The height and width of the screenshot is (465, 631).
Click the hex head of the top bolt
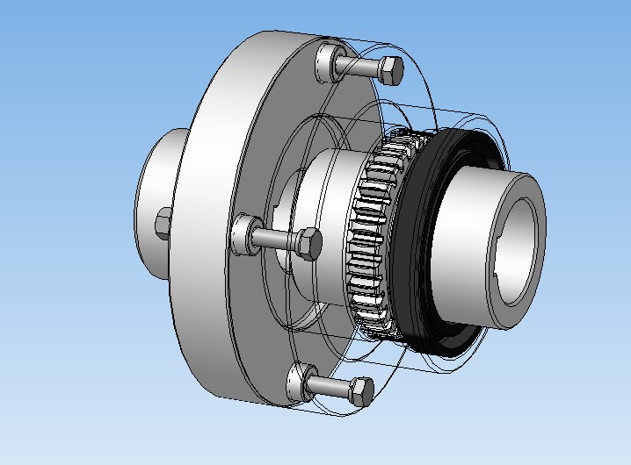[391, 69]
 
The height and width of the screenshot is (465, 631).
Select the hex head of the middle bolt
[308, 243]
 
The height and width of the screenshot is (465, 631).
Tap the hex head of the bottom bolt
[362, 391]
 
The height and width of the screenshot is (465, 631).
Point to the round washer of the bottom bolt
[299, 382]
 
